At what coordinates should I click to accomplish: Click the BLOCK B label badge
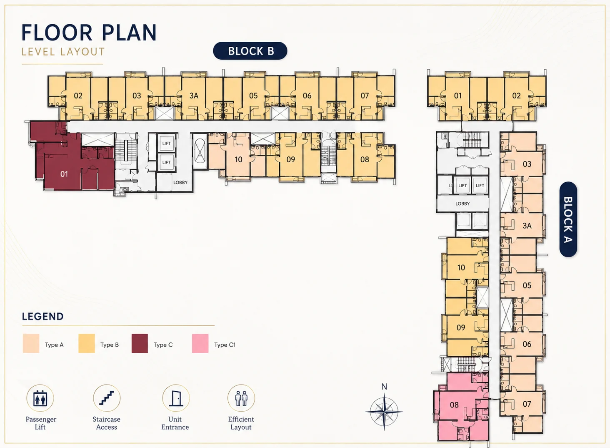click(x=250, y=51)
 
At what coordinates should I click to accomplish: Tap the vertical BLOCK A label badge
click(x=568, y=219)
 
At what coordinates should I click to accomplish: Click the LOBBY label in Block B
click(x=180, y=182)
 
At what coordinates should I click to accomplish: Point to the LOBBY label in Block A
click(x=462, y=204)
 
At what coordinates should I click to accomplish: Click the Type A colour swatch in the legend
click(x=31, y=343)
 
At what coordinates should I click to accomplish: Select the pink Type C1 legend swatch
click(x=200, y=343)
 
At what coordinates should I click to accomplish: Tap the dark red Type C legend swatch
click(x=140, y=343)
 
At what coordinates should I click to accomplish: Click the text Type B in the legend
click(x=110, y=345)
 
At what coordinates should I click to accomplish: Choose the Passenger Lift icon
click(x=40, y=398)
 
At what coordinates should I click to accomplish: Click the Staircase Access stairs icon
click(x=107, y=398)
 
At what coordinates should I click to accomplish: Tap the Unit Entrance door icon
click(x=176, y=398)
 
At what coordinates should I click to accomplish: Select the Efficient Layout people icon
click(x=241, y=398)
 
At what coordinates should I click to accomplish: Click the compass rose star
click(x=384, y=412)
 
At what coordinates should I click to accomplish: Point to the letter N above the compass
click(x=384, y=387)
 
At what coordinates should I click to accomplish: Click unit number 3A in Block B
click(x=194, y=96)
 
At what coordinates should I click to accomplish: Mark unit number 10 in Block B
click(x=239, y=159)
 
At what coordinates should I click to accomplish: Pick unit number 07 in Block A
click(x=527, y=404)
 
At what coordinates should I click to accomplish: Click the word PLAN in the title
click(x=129, y=33)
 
